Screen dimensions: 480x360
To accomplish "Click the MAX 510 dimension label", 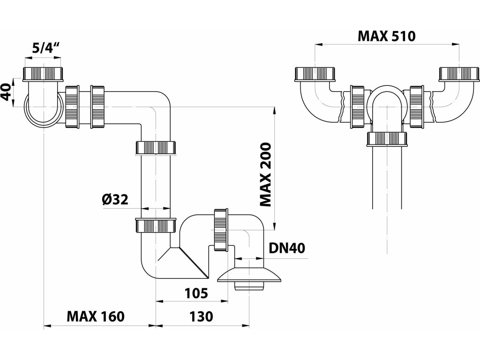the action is click(x=387, y=37).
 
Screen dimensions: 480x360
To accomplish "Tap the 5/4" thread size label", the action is click(x=45, y=49).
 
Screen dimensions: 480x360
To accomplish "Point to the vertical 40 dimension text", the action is click(x=7, y=92).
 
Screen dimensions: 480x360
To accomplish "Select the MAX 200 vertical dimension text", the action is click(x=265, y=175).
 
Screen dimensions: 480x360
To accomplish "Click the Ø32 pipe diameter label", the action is click(x=115, y=200).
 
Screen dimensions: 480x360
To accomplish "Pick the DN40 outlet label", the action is click(x=287, y=248).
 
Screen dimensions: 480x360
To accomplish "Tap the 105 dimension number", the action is click(x=196, y=293).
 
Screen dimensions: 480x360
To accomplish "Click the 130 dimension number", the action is click(x=201, y=316).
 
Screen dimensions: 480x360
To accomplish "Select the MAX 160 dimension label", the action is click(x=96, y=316).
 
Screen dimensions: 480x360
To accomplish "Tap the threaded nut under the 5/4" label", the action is click(x=43, y=74).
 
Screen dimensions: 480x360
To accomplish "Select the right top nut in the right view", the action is click(x=459, y=74).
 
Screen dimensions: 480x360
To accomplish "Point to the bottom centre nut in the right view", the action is click(x=388, y=139).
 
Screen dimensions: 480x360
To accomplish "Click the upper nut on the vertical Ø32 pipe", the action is click(x=156, y=148).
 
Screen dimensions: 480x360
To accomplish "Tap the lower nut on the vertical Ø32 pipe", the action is click(x=156, y=225).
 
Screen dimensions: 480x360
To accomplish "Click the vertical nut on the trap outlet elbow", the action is click(x=220, y=230).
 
